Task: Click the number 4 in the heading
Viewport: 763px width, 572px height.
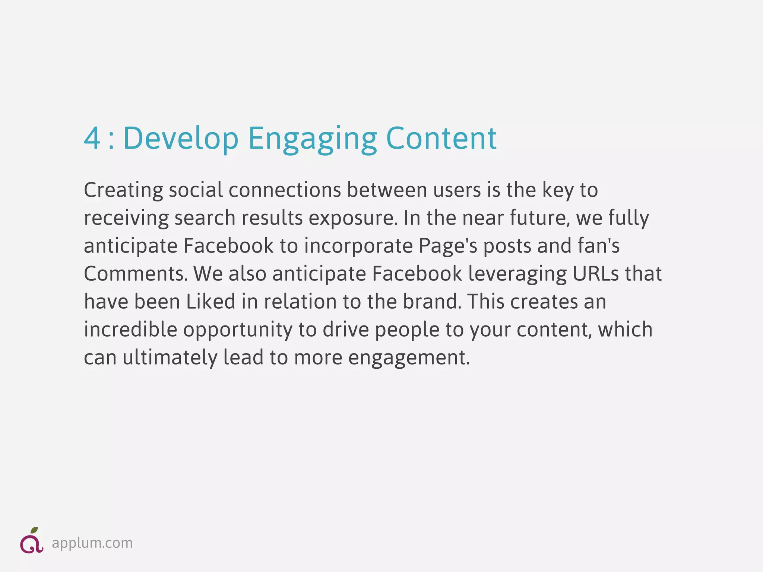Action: [92, 139]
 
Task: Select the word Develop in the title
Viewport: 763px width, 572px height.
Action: [181, 139]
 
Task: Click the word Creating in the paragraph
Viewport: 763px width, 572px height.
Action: [123, 190]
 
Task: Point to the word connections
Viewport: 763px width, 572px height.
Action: [285, 190]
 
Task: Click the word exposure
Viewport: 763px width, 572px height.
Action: [353, 218]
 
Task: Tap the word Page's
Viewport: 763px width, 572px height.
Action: [447, 246]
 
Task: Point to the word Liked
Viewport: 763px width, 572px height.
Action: [210, 302]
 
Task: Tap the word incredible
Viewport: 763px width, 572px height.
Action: [130, 330]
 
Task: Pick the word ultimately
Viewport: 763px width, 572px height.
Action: [170, 357]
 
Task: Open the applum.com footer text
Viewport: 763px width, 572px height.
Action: [92, 543]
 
